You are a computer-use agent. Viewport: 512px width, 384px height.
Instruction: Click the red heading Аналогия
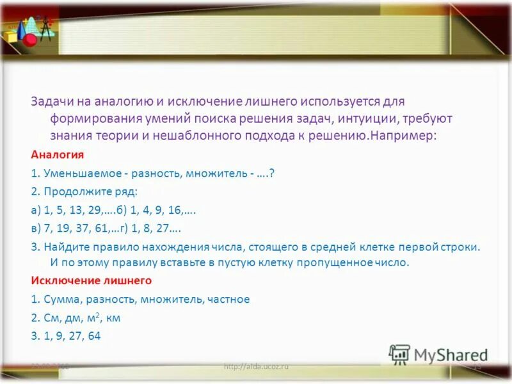coord(58,155)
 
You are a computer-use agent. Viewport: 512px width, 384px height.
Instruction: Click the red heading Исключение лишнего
coord(91,280)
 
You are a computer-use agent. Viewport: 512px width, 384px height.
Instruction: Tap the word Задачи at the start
coord(49,102)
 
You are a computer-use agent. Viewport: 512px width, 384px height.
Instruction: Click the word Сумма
coord(60,299)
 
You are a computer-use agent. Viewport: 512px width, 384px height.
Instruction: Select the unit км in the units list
coord(113,318)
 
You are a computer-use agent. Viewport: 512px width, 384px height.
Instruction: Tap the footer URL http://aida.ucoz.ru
coord(256,366)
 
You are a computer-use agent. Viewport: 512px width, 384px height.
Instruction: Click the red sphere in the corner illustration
coord(29,40)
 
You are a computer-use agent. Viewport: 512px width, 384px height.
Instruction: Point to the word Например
coord(402,136)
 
